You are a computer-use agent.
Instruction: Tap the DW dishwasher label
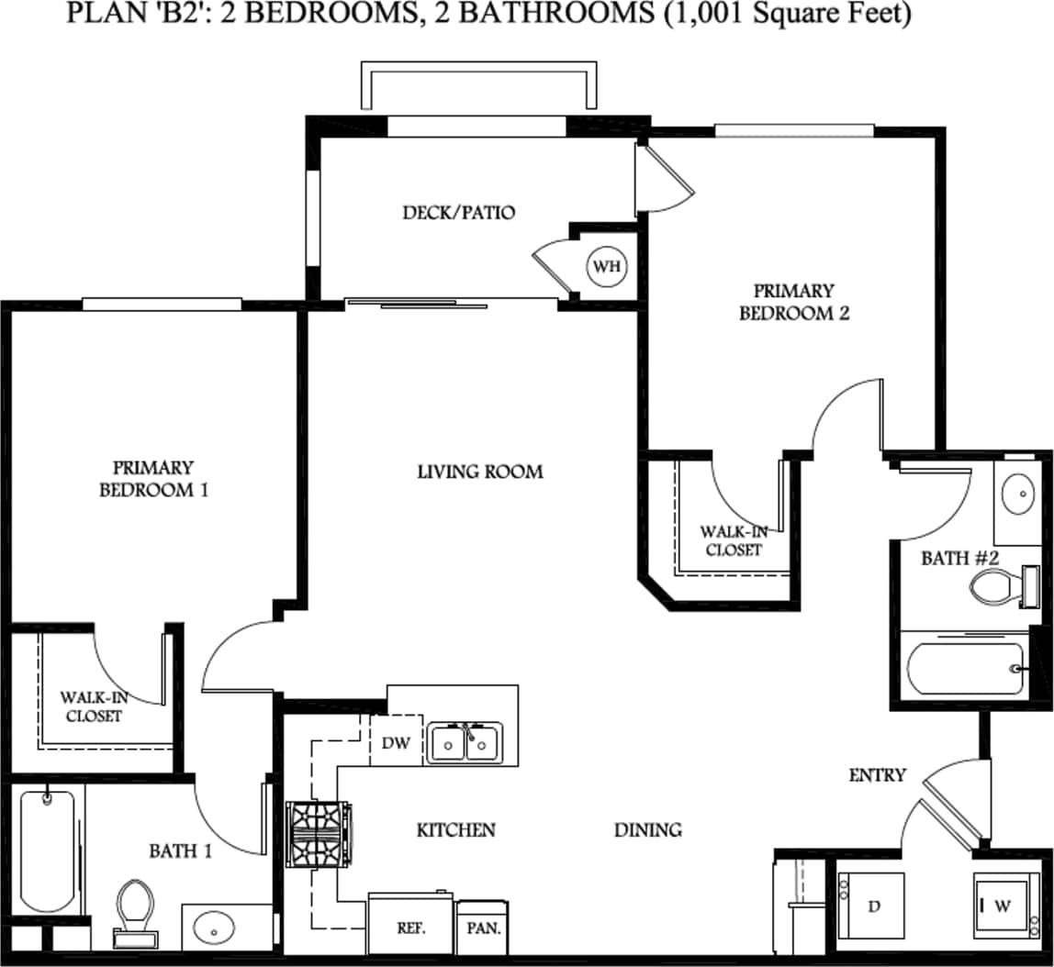(x=396, y=743)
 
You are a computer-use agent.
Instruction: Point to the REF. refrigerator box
(x=410, y=927)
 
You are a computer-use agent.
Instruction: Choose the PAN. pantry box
(x=482, y=928)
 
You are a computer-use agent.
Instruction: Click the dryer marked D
(x=871, y=906)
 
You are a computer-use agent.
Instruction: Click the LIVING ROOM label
(x=480, y=472)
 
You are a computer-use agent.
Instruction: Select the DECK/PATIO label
(x=459, y=213)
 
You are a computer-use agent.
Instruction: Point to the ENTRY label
(x=877, y=775)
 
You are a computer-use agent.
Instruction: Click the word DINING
(x=648, y=830)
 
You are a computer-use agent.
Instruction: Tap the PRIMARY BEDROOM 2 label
(x=794, y=302)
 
